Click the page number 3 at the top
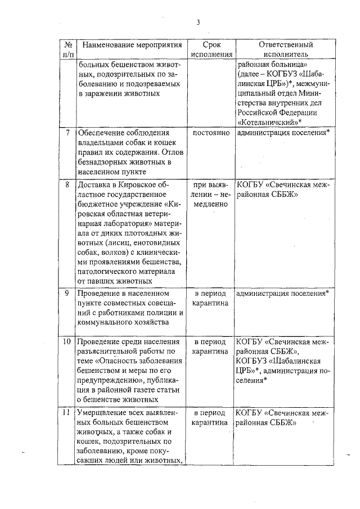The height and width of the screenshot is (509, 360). point(198,22)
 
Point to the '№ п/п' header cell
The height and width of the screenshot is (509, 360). point(67,49)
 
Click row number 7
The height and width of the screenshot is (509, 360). point(67,133)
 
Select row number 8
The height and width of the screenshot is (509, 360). point(67,184)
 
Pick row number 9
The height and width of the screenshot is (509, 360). point(67,294)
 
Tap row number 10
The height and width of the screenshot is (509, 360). point(67,341)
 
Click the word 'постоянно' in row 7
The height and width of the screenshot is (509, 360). point(211,133)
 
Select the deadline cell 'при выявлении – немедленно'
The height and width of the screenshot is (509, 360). point(211,195)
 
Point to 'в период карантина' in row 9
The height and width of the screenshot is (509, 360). point(211,299)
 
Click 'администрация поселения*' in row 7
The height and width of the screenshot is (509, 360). point(283,133)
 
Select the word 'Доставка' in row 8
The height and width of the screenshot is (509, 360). point(93,184)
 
